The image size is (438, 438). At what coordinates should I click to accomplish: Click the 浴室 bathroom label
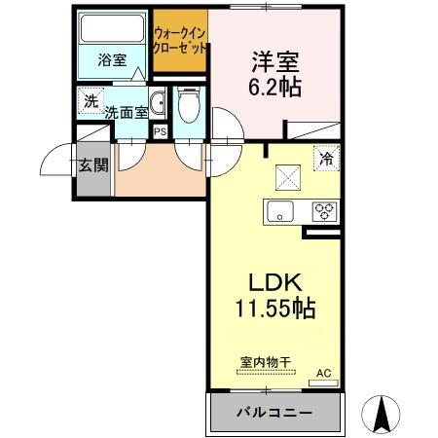pyautogui.click(x=112, y=60)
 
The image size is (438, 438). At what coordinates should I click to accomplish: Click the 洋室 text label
pyautogui.click(x=272, y=59)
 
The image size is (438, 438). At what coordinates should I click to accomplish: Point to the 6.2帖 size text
pyautogui.click(x=272, y=87)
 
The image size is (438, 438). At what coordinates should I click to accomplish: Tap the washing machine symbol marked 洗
pyautogui.click(x=91, y=100)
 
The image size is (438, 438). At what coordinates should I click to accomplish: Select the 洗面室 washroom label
pyautogui.click(x=128, y=111)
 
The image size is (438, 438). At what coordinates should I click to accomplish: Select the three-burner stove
pyautogui.click(x=324, y=211)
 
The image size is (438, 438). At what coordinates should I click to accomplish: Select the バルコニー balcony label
pyautogui.click(x=275, y=413)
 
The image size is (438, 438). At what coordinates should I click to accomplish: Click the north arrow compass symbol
pyautogui.click(x=383, y=414)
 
